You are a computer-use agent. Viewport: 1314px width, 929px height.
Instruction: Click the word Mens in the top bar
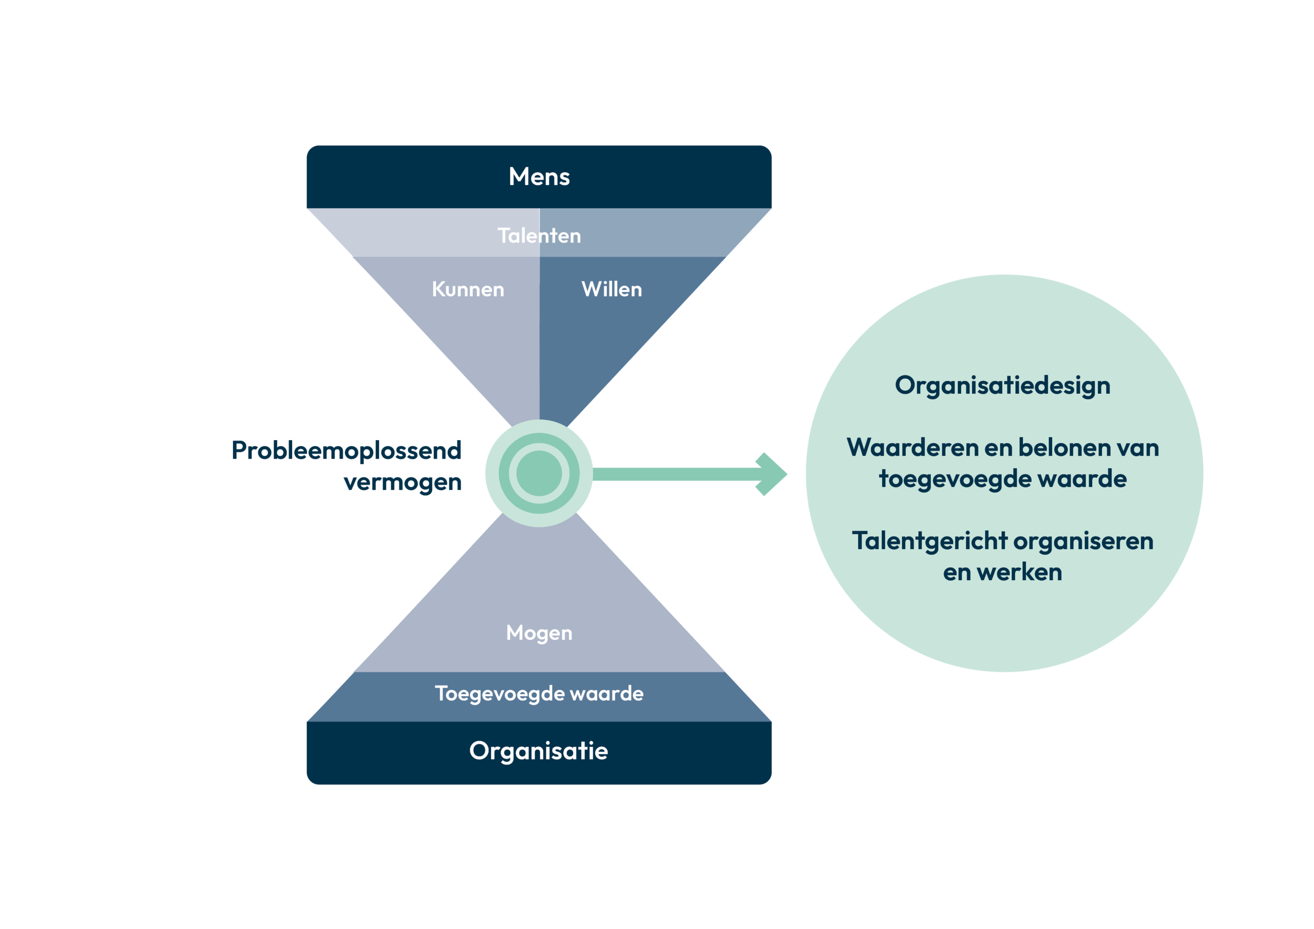click(539, 176)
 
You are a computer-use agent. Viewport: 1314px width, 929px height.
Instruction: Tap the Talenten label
click(539, 236)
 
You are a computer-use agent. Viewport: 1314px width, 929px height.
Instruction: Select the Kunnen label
click(468, 290)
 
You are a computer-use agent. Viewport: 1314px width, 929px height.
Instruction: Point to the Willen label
click(612, 290)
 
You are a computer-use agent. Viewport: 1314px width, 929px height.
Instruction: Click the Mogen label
click(539, 633)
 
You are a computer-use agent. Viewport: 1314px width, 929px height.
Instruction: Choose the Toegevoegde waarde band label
click(539, 694)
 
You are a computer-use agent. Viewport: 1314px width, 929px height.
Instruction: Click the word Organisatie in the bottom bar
click(539, 751)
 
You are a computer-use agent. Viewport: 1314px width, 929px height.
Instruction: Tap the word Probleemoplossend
click(346, 450)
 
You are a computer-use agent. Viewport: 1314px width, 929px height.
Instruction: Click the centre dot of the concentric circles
click(539, 473)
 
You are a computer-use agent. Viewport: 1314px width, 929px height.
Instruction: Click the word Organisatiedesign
click(1003, 386)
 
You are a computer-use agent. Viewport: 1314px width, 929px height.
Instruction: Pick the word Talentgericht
click(929, 541)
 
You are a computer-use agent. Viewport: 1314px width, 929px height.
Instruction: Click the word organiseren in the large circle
click(1083, 541)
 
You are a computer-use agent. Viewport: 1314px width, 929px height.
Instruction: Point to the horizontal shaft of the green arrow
click(675, 474)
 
